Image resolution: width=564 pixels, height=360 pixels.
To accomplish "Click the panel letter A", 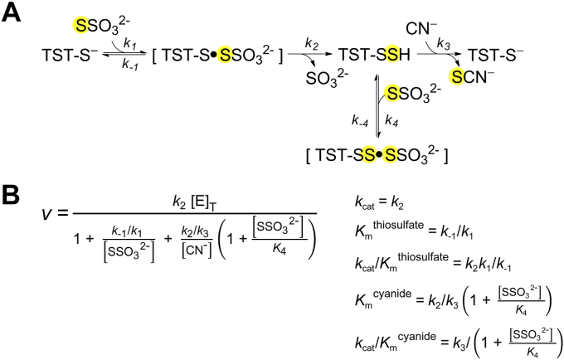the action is (14, 15).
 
